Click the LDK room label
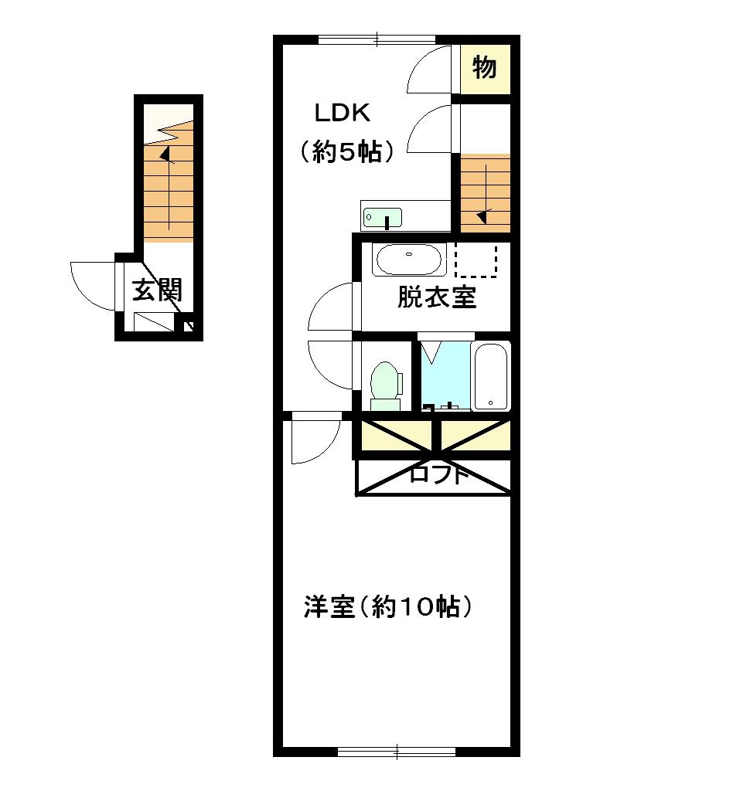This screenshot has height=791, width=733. click(x=343, y=114)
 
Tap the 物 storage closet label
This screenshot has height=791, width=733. click(x=484, y=69)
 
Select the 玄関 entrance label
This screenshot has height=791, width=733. click(x=157, y=290)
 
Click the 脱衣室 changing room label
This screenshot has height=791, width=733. click(x=437, y=297)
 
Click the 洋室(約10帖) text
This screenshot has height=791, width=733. click(x=387, y=607)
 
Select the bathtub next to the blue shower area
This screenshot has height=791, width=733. click(x=491, y=377)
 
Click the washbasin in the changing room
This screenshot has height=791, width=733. click(x=408, y=260)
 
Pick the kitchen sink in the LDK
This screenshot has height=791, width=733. click(x=383, y=217)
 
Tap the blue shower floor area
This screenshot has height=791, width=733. click(x=445, y=375)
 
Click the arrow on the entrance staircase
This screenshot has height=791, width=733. click(x=165, y=154)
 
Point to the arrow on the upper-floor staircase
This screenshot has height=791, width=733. click(x=482, y=216)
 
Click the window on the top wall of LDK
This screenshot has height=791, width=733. click(x=377, y=38)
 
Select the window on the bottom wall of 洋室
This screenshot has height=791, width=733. click(x=397, y=749)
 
